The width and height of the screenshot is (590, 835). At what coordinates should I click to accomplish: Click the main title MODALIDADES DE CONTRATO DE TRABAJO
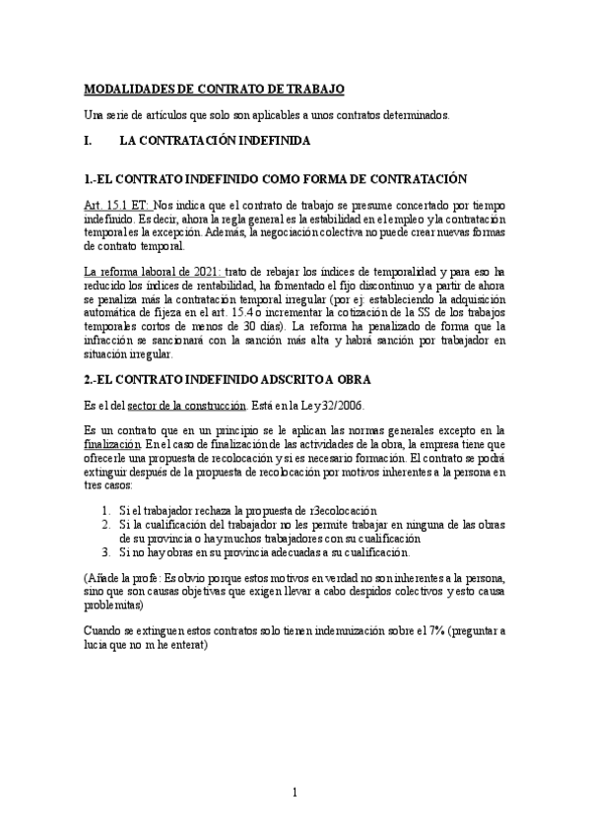click(x=214, y=89)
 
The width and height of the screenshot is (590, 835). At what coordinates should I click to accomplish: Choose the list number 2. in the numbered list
click(x=107, y=526)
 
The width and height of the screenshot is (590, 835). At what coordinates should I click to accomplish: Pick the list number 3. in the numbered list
click(x=107, y=553)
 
